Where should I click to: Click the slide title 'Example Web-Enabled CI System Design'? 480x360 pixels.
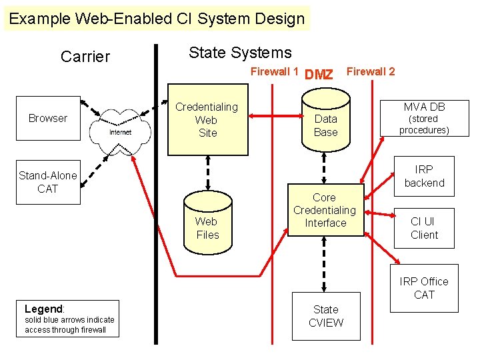157,19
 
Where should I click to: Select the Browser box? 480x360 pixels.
48,118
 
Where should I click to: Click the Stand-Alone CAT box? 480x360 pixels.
48,182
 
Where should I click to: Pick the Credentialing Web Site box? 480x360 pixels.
207,119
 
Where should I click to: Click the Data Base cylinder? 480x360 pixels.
325,122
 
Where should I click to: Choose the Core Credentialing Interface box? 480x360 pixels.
325,210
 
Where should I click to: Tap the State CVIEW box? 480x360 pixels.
325,316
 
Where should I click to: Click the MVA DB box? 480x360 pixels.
424,118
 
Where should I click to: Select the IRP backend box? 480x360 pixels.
424,176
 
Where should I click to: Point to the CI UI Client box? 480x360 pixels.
424,228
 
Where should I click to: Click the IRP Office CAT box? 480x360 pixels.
424,288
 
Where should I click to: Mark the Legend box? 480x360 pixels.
68,319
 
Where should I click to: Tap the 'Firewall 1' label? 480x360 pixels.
274,72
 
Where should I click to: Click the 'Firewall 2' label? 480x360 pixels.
371,72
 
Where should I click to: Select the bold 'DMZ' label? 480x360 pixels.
319,75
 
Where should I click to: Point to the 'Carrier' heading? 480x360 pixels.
85,57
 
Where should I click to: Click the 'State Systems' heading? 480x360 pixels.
240,53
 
